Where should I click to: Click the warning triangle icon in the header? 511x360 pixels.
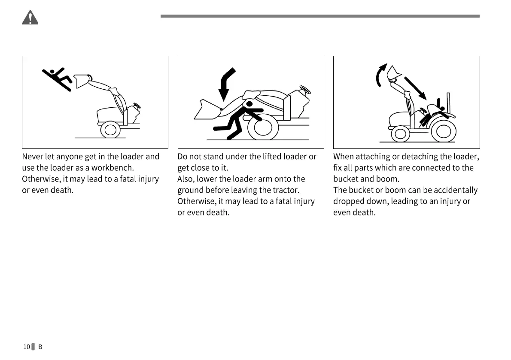coord(30,18)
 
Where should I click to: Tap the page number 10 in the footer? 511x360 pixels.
coord(27,347)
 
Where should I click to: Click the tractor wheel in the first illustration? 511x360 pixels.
coord(110,129)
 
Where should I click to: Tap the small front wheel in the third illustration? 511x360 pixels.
coord(400,133)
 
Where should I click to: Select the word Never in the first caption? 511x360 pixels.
coord(32,157)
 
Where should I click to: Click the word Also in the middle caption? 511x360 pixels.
coord(186,179)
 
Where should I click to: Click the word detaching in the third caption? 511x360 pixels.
coord(420,157)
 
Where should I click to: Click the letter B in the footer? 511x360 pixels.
coord(40,347)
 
